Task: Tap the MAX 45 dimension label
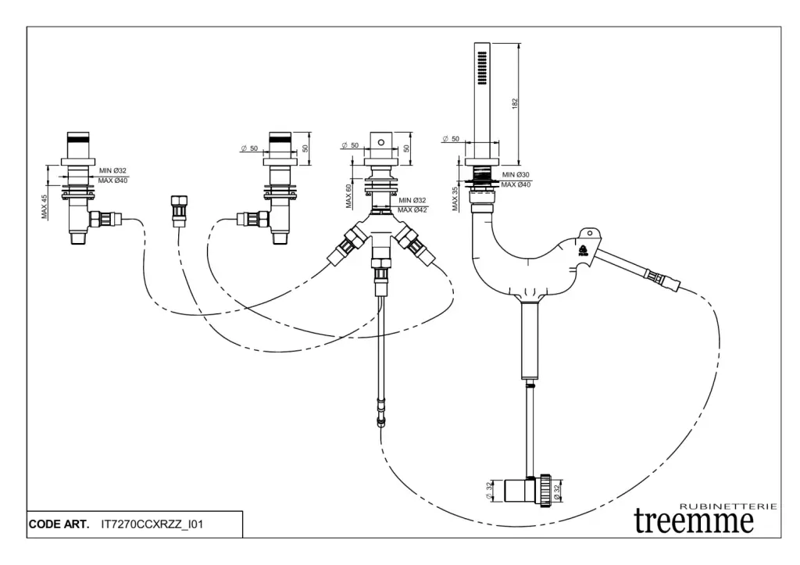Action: point(45,206)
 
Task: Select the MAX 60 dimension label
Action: point(348,195)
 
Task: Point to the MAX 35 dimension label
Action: point(455,199)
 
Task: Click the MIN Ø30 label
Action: point(516,174)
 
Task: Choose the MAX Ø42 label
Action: point(412,209)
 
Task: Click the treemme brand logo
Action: point(694,519)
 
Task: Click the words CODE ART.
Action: point(59,524)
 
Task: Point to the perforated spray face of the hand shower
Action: point(480,67)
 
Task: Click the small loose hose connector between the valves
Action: point(178,209)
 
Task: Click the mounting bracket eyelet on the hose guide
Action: point(588,232)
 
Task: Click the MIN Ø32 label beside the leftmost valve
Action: point(112,170)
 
